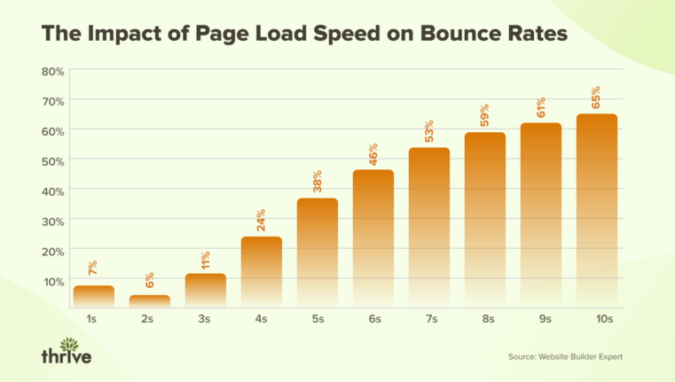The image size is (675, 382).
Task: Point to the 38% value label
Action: [317, 182]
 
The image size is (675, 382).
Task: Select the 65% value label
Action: [596, 97]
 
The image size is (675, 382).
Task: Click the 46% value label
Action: [373, 153]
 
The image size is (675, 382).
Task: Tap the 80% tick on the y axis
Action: [52, 71]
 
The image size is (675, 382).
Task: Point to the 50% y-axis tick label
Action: [52, 160]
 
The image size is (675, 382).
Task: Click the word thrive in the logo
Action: [67, 355]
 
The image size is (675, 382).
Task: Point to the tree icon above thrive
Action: [67, 340]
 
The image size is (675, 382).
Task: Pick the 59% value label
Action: [485, 116]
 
